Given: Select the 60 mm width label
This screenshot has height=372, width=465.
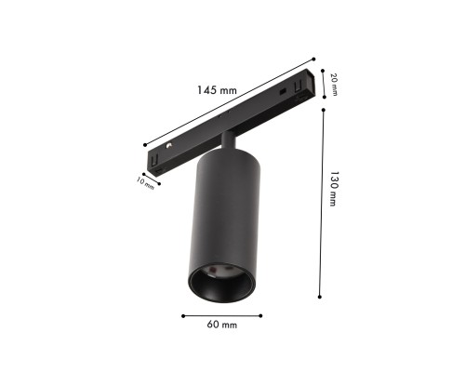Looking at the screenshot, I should (223, 325).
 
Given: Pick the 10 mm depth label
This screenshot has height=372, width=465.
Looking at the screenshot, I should (145, 181).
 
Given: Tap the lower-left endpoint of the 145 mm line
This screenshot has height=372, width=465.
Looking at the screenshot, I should (146, 144).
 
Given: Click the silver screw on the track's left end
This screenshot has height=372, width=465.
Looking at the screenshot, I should (169, 147).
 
